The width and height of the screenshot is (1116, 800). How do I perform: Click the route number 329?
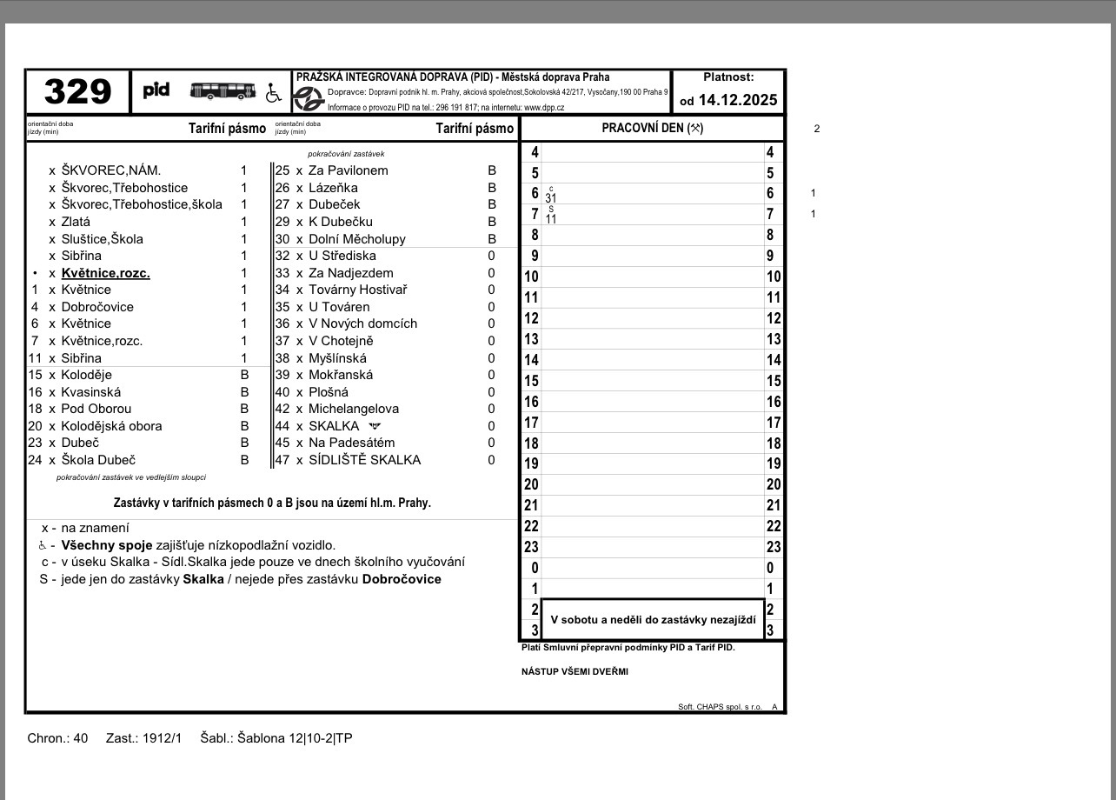click(77, 91)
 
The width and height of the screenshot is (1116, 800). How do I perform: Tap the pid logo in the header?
click(156, 90)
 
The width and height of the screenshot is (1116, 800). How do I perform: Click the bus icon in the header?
click(223, 90)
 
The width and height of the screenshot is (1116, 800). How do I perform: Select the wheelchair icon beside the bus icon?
click(274, 92)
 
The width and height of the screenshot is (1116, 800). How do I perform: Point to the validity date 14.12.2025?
click(737, 100)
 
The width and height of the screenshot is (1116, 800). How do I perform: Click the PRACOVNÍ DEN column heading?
click(652, 129)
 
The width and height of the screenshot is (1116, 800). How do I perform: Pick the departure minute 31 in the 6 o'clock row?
click(551, 198)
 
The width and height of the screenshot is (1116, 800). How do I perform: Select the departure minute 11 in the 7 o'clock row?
click(551, 219)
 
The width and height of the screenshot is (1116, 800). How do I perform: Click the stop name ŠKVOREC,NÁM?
click(111, 170)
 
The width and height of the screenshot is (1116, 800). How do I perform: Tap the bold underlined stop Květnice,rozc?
click(105, 273)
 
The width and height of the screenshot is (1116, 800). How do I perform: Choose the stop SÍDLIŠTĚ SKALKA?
click(364, 460)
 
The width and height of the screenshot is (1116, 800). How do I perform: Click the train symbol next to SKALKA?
click(375, 426)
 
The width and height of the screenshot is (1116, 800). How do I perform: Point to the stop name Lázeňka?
click(333, 188)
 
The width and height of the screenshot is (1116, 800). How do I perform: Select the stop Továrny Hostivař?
click(357, 290)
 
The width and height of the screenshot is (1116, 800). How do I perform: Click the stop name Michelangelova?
click(354, 409)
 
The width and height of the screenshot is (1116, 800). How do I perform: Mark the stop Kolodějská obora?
click(111, 426)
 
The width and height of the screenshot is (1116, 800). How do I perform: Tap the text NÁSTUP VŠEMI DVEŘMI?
click(575, 671)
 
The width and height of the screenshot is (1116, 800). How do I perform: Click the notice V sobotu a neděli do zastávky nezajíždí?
click(653, 619)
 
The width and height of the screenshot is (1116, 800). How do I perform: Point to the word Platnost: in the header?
click(728, 77)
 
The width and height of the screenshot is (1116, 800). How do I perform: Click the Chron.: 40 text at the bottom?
click(57, 738)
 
